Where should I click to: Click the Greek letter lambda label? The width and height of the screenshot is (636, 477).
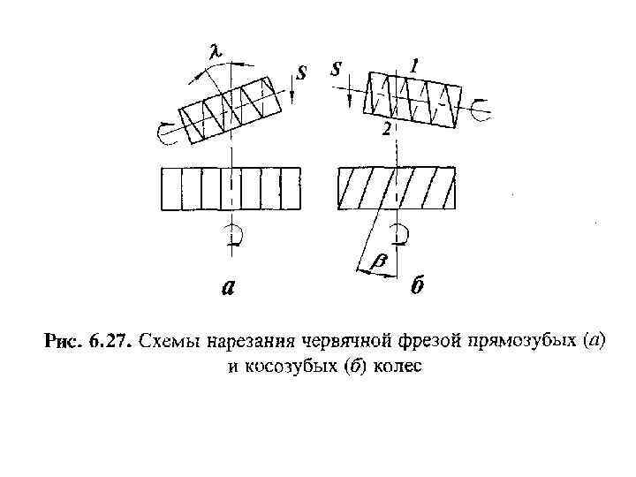pyautogui.click(x=215, y=53)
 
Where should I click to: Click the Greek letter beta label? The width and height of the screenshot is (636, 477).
pyautogui.click(x=381, y=261)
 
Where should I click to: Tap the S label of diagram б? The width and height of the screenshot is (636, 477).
pyautogui.click(x=336, y=69)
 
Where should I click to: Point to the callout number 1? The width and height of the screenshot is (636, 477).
pyautogui.click(x=415, y=64)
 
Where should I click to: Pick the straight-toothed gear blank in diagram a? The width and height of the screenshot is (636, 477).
pyautogui.click(x=229, y=188)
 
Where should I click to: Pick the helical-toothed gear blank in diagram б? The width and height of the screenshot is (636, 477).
pyautogui.click(x=397, y=188)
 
